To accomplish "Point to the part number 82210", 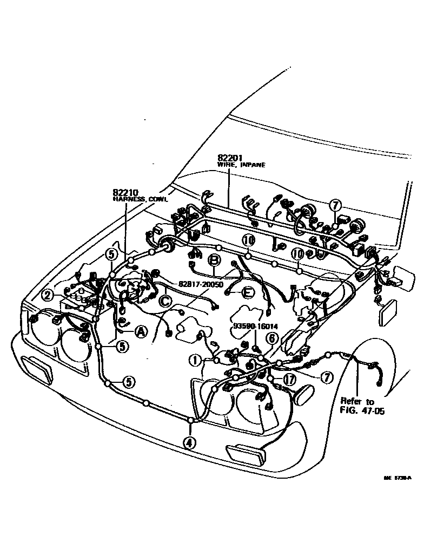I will click(x=125, y=192).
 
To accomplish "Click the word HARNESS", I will click(x=128, y=199).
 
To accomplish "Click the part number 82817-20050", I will click(x=201, y=283).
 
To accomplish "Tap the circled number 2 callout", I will click(x=49, y=295).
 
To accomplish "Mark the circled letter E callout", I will click(x=247, y=292).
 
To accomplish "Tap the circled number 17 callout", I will click(x=289, y=380).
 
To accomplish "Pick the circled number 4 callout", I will click(x=189, y=442).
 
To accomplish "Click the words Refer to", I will click(x=357, y=401).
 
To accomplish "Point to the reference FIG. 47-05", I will click(x=362, y=411).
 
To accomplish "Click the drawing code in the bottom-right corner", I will click(x=398, y=478).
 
